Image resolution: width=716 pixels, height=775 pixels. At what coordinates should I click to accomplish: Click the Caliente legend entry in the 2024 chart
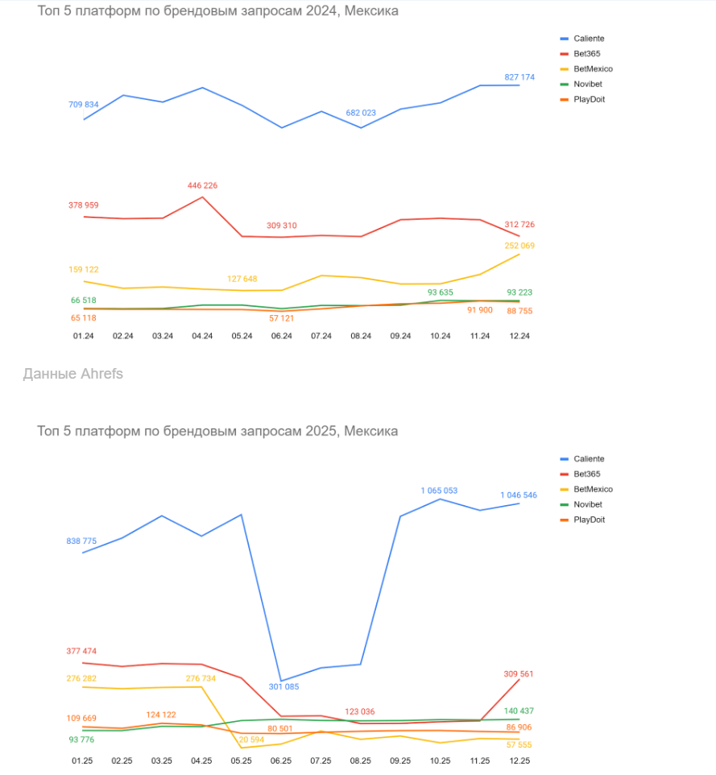coord(588,38)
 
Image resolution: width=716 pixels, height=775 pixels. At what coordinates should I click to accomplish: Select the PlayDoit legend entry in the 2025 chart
coord(589,520)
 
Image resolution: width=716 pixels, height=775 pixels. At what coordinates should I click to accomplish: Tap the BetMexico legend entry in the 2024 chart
coord(593,68)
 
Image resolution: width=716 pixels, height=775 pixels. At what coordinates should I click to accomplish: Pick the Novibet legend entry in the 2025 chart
coord(588,504)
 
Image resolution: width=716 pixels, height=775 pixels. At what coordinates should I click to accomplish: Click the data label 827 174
coord(519,77)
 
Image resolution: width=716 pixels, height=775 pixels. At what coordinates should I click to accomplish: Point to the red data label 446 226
coord(201,185)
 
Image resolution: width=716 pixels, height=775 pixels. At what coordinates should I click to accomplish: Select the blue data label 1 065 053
coord(439,490)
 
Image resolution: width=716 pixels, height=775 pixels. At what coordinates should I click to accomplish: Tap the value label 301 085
coord(284,687)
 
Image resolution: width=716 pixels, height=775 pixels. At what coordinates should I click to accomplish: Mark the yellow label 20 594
coord(250,740)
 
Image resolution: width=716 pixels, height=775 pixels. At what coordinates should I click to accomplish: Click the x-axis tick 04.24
coord(201,336)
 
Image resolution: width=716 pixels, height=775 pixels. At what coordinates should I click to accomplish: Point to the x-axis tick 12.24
coord(519,336)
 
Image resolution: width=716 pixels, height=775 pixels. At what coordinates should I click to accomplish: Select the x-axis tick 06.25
coord(280,760)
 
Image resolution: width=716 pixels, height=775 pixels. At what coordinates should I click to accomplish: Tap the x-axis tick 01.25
coord(83,760)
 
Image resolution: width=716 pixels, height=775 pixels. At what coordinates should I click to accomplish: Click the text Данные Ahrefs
coord(73,374)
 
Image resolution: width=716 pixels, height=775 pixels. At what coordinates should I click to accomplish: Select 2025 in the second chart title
coord(322,431)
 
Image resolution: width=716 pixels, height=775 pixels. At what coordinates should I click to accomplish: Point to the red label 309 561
coord(518,673)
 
